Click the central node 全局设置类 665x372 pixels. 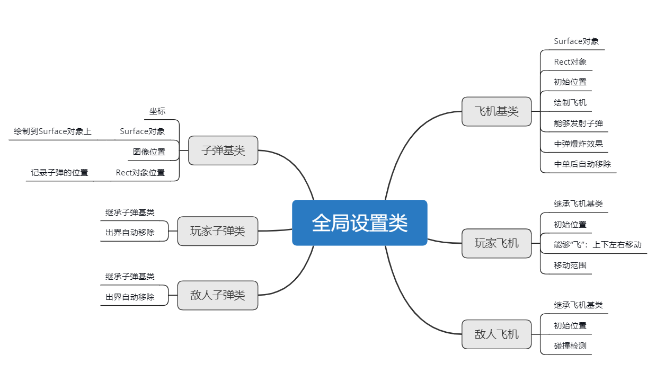click(x=359, y=223)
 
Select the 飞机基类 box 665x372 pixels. click(x=496, y=111)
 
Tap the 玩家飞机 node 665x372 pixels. click(x=496, y=243)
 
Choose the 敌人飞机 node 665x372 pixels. click(x=496, y=334)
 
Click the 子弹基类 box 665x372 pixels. click(x=223, y=150)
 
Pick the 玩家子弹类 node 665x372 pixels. click(x=217, y=231)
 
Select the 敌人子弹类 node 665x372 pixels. click(x=217, y=295)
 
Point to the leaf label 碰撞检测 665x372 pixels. click(x=570, y=346)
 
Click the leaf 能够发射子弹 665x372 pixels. click(x=578, y=123)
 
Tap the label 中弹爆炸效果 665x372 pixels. click(x=578, y=144)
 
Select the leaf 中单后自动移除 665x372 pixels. click(x=582, y=164)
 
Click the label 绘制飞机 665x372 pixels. click(x=570, y=103)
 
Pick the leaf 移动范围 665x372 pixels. click(x=570, y=265)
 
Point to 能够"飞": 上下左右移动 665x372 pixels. click(x=597, y=245)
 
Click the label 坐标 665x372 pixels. click(x=157, y=111)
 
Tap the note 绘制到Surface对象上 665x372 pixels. click(x=52, y=131)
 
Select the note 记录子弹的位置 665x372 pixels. click(x=59, y=172)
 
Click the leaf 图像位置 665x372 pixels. click(x=149, y=152)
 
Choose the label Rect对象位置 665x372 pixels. click(x=140, y=172)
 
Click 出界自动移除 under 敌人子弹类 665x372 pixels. click(x=130, y=297)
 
